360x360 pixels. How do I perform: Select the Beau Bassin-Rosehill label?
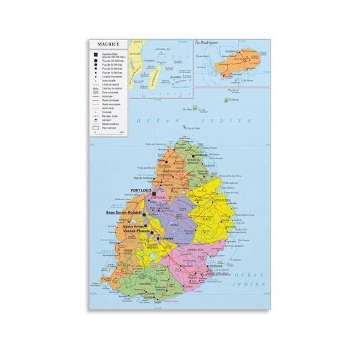(x=122, y=214)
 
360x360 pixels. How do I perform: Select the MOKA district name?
(x=174, y=223)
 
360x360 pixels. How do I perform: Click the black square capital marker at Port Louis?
(x=152, y=194)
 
